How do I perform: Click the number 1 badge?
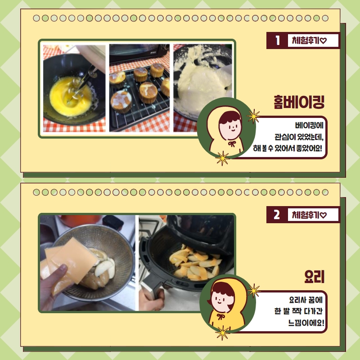click(x=278, y=40)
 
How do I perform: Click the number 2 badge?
click(x=277, y=215)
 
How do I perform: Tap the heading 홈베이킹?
click(x=299, y=102)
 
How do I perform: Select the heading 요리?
click(x=314, y=277)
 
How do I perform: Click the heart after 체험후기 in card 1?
click(x=323, y=41)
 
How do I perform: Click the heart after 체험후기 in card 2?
click(x=323, y=215)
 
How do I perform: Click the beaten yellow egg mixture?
click(x=70, y=97)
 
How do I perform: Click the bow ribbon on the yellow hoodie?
click(x=220, y=317)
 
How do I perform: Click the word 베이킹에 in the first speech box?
click(x=309, y=126)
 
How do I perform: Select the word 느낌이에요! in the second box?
click(x=306, y=323)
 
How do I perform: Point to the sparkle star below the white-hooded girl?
click(x=222, y=158)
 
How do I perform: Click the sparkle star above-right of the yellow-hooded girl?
click(x=254, y=291)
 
